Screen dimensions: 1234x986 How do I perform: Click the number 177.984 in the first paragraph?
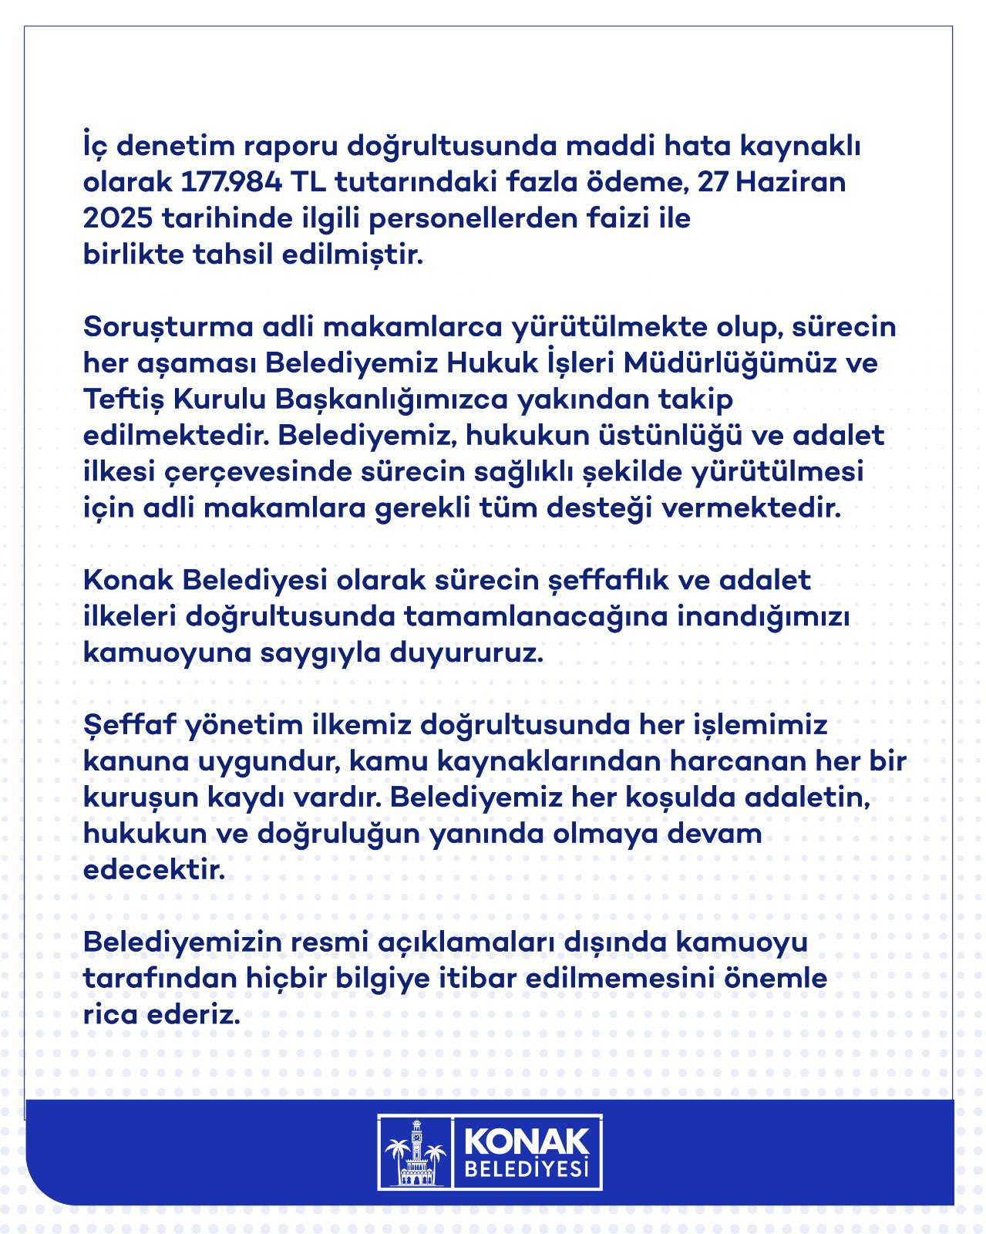point(232,183)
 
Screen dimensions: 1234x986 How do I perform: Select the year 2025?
point(117,219)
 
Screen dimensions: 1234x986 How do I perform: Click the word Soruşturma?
point(168,327)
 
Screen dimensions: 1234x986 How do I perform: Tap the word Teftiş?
point(123,400)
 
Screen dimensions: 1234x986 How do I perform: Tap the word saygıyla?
point(321,653)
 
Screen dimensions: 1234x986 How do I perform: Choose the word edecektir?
point(154,870)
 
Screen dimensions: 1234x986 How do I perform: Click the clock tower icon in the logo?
point(416,1152)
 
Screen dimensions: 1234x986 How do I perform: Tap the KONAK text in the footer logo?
point(527,1141)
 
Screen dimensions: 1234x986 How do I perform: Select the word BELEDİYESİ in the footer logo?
point(527,1171)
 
